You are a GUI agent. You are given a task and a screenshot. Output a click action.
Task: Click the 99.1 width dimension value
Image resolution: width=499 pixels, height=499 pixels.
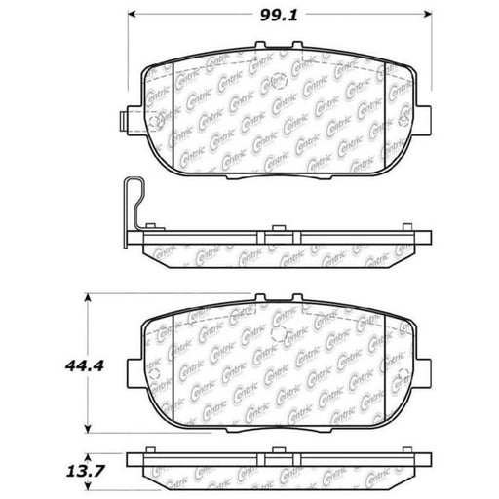click(279, 15)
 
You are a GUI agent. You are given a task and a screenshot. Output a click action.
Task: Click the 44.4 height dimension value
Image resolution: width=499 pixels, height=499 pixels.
click(85, 366)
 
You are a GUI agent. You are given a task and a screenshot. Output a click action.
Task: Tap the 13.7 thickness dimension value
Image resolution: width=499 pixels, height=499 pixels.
click(85, 471)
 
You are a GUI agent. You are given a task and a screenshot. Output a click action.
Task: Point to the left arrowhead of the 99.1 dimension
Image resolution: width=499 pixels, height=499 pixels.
click(132, 14)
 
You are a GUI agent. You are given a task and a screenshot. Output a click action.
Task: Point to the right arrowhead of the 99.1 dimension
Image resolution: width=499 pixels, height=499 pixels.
click(428, 14)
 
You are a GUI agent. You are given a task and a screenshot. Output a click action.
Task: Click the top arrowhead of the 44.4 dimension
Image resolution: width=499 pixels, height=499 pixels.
click(88, 297)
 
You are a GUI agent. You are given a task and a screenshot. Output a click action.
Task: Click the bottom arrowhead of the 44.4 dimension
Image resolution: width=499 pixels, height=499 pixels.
click(88, 429)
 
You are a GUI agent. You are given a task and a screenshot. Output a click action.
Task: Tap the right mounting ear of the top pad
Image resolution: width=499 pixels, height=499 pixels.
click(424, 120)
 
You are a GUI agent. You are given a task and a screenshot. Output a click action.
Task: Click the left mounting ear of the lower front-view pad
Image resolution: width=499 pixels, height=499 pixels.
click(134, 373)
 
